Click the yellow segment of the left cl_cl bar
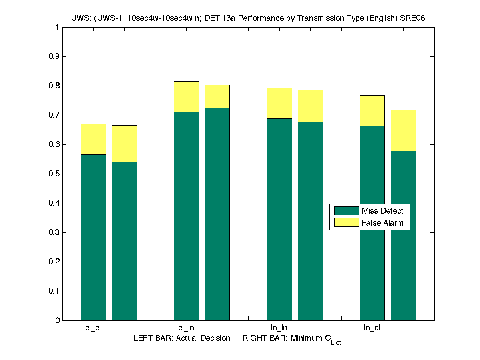pos(93,139)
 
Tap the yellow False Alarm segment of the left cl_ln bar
pos(186,96)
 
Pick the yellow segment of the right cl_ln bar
pos(217,96)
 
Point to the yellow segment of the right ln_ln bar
pos(310,106)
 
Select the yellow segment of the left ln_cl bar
pos(372,110)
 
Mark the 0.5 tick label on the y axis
pos(54,174)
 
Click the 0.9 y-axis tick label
pos(54,56)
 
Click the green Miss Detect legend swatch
pos(346,211)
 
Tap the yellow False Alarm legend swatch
pos(346,223)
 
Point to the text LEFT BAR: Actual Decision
pos(182,338)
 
